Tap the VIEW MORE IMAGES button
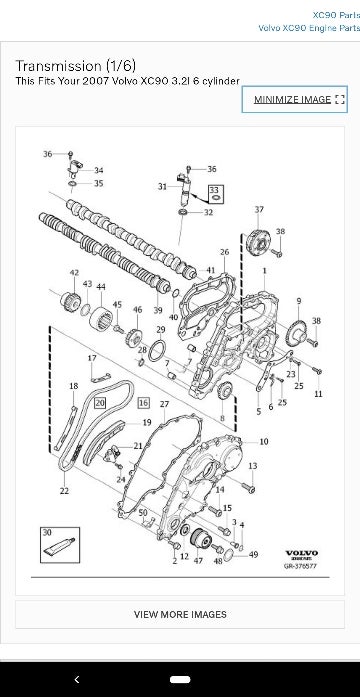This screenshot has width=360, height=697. click(180, 614)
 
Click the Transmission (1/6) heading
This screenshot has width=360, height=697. click(73, 65)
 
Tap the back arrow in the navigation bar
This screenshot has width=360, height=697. click(77, 678)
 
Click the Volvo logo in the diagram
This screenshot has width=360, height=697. click(301, 554)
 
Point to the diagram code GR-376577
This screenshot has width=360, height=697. click(300, 566)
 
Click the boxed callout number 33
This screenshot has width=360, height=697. click(214, 189)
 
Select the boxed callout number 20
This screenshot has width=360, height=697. click(100, 402)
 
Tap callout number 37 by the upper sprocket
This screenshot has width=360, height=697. click(259, 209)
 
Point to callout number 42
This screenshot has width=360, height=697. click(74, 272)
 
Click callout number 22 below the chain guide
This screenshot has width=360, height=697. click(64, 491)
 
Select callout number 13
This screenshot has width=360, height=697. click(252, 466)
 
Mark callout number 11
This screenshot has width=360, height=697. click(318, 395)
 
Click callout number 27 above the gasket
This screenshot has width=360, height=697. click(163, 403)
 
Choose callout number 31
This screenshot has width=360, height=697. click(162, 187)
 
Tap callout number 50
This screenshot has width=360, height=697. click(143, 512)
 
